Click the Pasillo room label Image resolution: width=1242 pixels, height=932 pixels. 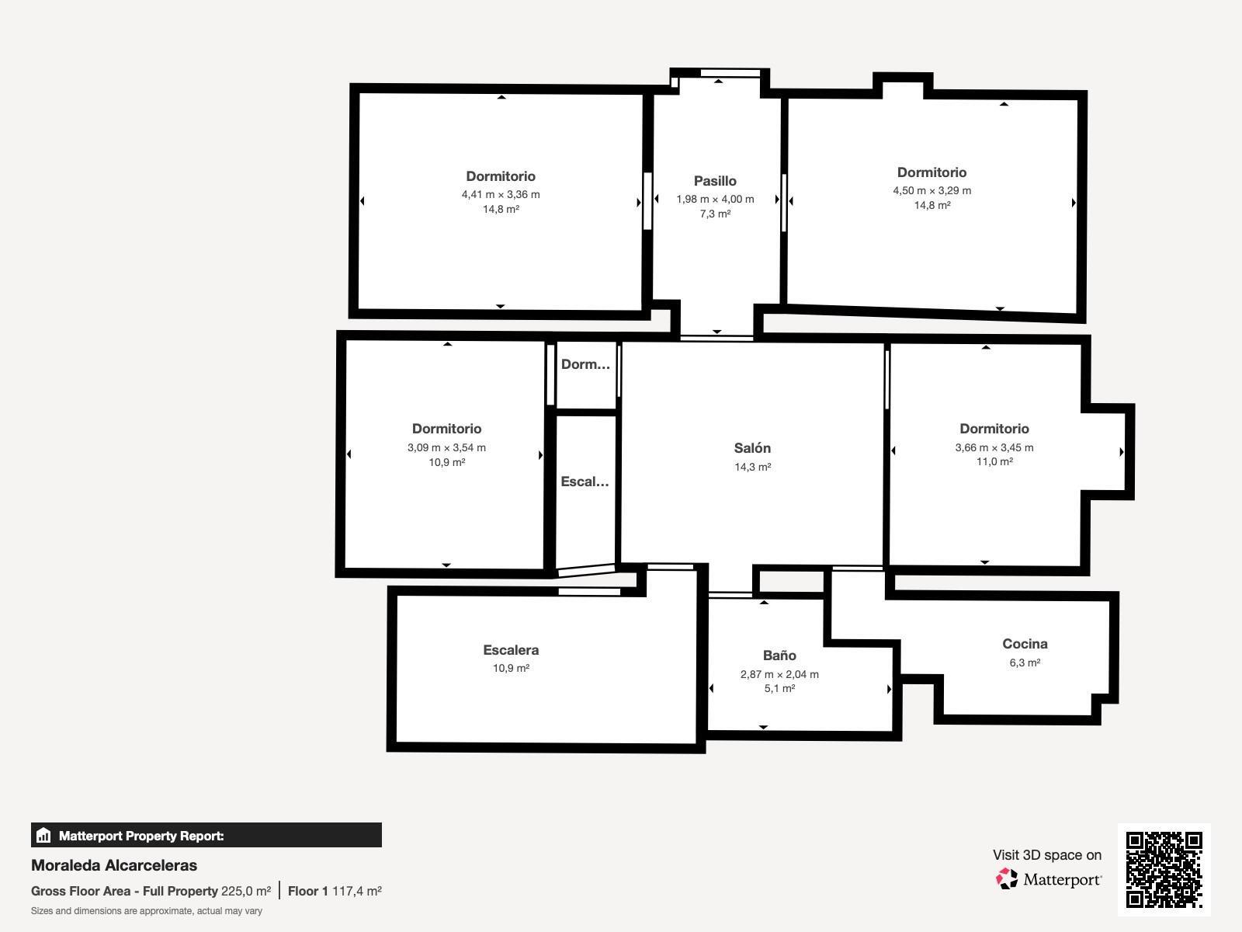715,181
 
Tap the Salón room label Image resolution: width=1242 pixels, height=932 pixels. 752,448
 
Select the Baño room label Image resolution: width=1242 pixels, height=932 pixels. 779,656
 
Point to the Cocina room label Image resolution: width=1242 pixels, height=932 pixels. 1025,644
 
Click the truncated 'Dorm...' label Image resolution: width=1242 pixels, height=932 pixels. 585,364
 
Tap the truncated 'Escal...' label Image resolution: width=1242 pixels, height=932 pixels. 585,482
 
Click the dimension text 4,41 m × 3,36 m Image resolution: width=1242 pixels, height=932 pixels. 501,195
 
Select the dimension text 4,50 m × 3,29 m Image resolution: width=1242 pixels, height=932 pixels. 932,191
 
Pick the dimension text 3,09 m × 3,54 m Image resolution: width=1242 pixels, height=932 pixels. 446,447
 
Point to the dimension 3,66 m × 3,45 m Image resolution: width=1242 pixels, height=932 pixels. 994,447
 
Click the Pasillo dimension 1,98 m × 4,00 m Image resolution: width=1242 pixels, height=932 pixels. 715,199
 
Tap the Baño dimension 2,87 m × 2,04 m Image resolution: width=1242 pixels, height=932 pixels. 779,674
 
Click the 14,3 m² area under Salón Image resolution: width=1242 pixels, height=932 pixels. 752,467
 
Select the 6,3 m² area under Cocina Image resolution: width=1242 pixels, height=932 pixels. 1025,662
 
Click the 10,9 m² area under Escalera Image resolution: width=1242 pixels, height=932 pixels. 511,668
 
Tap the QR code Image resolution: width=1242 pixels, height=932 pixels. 1164,870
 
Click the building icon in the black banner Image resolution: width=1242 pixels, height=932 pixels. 43,835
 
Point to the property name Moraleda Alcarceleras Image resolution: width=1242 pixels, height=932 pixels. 114,865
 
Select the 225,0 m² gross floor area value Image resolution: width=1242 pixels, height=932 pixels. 246,892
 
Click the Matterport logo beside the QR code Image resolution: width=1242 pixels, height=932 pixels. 1049,879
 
